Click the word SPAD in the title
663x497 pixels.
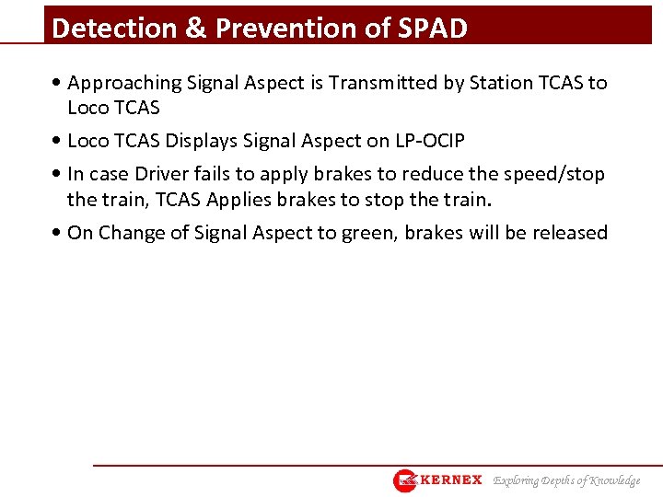coord(433,29)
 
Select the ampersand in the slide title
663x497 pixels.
coord(196,29)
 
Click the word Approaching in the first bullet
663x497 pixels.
coord(122,83)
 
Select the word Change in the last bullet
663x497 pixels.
coord(133,233)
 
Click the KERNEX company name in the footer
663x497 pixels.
coord(451,480)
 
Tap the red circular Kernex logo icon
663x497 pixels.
coord(405,480)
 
